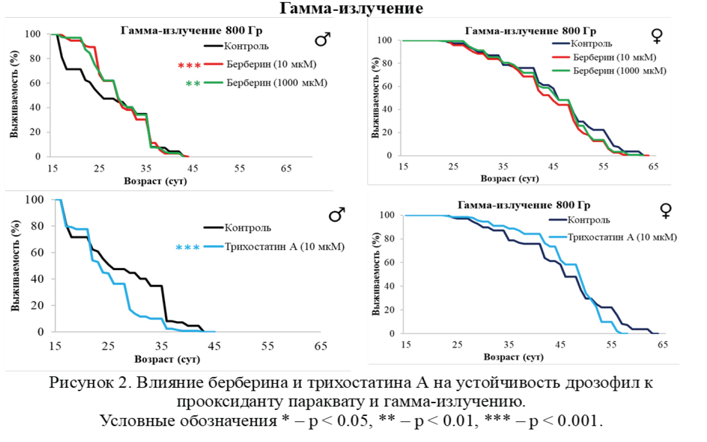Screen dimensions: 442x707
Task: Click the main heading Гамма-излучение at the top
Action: [351, 8]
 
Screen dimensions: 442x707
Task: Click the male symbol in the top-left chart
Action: [322, 39]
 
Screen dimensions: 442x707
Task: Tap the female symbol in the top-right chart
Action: [656, 35]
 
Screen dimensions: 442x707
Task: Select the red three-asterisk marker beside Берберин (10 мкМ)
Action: [189, 65]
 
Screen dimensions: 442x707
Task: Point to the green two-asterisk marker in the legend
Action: [193, 83]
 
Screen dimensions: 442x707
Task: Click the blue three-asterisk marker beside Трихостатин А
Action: [188, 248]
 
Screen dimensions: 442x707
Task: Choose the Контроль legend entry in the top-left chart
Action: [246, 46]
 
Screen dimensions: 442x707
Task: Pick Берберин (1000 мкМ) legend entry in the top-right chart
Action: [620, 71]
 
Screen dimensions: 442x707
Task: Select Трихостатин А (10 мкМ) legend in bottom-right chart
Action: [622, 237]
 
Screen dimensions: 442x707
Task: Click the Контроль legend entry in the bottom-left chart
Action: [248, 228]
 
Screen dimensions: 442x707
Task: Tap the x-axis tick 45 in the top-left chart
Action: [193, 168]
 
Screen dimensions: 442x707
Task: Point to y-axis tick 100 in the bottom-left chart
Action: [34, 200]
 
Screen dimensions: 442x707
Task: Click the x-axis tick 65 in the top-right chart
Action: [653, 166]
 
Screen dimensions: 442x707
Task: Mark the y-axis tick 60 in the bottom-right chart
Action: [389, 262]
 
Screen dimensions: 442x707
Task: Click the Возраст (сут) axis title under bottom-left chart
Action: [167, 359]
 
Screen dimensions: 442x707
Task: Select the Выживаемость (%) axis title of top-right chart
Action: [375, 98]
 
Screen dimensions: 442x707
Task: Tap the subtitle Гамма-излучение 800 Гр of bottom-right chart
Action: [524, 205]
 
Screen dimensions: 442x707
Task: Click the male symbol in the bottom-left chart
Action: [337, 215]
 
